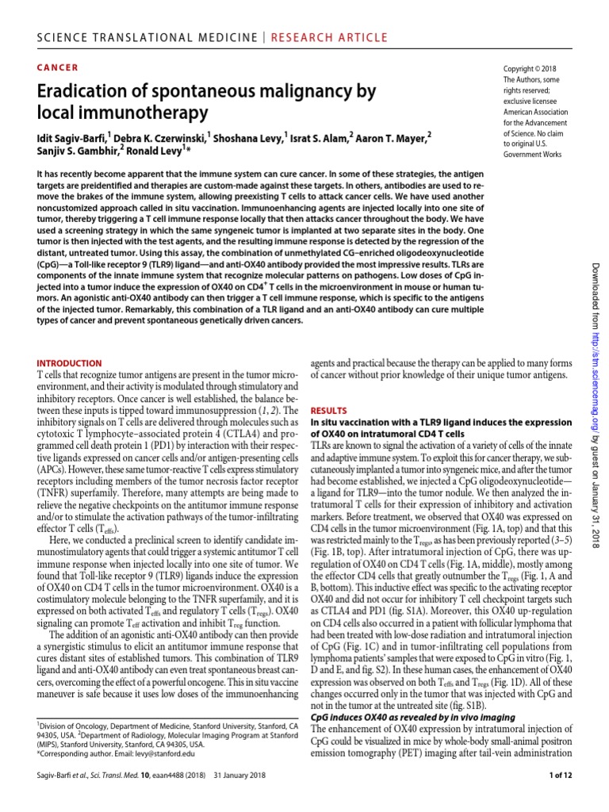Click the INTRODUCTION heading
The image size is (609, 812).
point(70,362)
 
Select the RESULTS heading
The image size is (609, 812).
point(328,411)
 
